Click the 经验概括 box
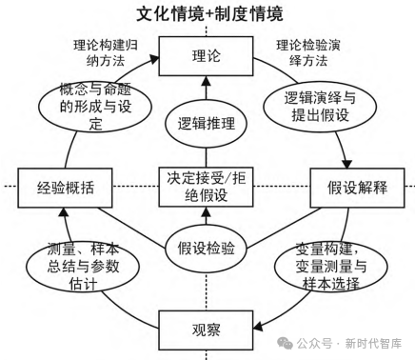coord(66,187)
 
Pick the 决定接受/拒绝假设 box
coord(207,187)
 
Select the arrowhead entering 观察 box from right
coord(262,329)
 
